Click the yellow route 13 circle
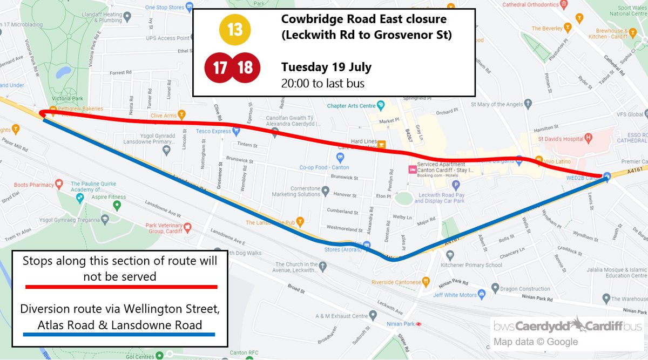(235, 29)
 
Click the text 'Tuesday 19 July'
(326, 68)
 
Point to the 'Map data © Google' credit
(535, 342)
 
